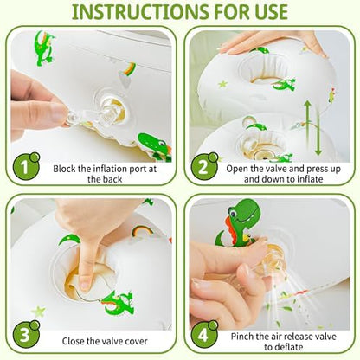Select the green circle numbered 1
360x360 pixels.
26,166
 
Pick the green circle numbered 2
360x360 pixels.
204,167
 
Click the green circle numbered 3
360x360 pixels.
26,334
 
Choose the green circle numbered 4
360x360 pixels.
204,335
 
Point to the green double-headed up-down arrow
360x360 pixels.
312,128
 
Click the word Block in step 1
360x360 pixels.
64,169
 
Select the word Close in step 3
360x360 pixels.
74,341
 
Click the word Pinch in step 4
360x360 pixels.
242,337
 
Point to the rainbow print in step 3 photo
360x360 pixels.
142,231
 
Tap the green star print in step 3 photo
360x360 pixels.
38,312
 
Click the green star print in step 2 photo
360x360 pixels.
222,84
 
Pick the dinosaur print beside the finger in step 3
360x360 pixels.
118,303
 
